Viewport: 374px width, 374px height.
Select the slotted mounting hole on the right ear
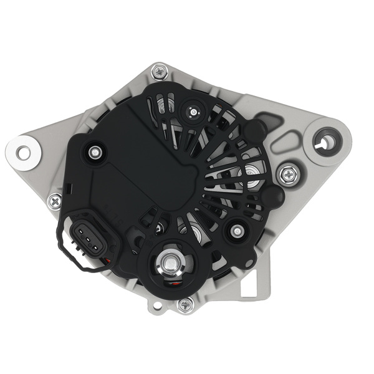coord(325,141)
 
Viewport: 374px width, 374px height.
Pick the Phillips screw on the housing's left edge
coord(55,200)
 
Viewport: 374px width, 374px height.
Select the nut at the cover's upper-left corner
coord(95,151)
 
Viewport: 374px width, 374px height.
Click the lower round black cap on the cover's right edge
coord(272,196)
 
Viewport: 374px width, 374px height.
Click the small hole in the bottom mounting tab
coord(156,305)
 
